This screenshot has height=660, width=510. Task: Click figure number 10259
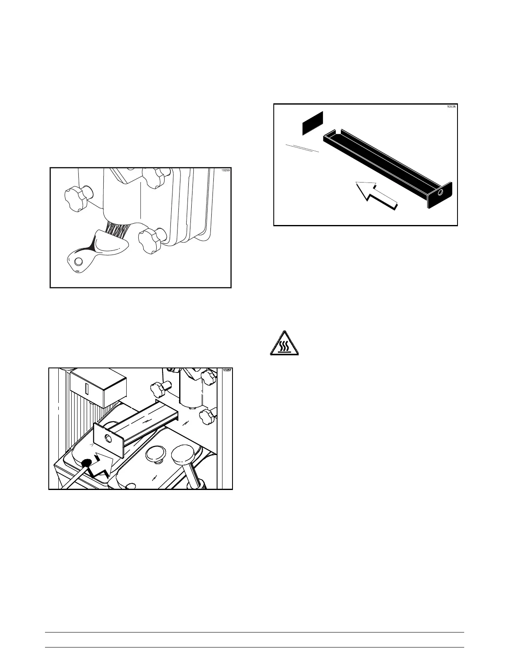[225, 170]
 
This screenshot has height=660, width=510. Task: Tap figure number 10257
[227, 370]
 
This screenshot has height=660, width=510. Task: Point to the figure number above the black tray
[451, 106]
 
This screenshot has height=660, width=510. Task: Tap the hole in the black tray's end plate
[440, 193]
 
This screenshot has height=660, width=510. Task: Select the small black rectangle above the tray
[312, 122]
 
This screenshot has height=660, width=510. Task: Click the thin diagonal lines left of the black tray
[302, 148]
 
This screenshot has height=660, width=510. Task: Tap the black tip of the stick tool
[87, 462]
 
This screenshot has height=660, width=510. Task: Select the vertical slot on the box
[87, 389]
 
